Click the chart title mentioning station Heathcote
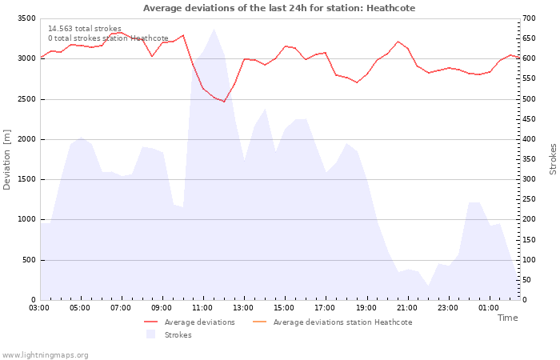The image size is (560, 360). click(279, 8)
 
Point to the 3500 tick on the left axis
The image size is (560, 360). click(26, 18)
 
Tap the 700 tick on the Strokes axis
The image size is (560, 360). click(529, 18)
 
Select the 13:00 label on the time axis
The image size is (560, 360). click(243, 308)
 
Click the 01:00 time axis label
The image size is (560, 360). click(489, 308)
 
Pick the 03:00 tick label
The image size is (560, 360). click(39, 308)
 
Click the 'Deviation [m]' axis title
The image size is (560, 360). click(6, 160)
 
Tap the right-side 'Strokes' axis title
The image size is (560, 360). click(553, 159)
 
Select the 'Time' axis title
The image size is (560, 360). click(507, 318)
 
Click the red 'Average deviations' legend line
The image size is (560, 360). click(150, 322)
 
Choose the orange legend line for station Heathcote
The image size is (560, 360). click(260, 322)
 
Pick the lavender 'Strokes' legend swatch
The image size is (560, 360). click(150, 334)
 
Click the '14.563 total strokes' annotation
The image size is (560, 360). click(85, 29)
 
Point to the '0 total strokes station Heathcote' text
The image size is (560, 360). click(108, 38)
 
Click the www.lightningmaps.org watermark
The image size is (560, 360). click(44, 355)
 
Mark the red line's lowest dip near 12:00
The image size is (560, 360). click(224, 102)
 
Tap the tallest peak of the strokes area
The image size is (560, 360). click(214, 29)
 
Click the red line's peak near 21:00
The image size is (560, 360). click(398, 42)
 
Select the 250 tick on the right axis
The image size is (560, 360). click(529, 199)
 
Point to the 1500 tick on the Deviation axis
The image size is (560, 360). click(26, 180)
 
